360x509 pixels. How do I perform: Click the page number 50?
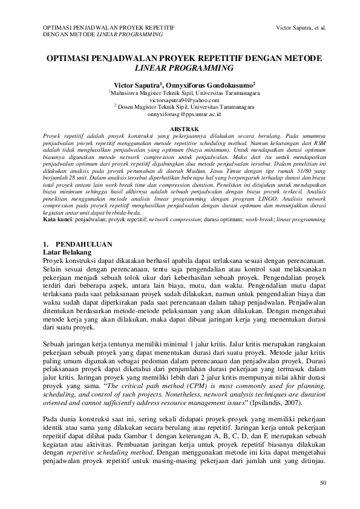point(322,482)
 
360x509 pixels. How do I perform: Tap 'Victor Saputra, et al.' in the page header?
point(300,28)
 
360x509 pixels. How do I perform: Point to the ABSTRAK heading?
point(180,129)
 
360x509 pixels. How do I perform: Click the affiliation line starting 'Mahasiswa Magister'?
point(186,94)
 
